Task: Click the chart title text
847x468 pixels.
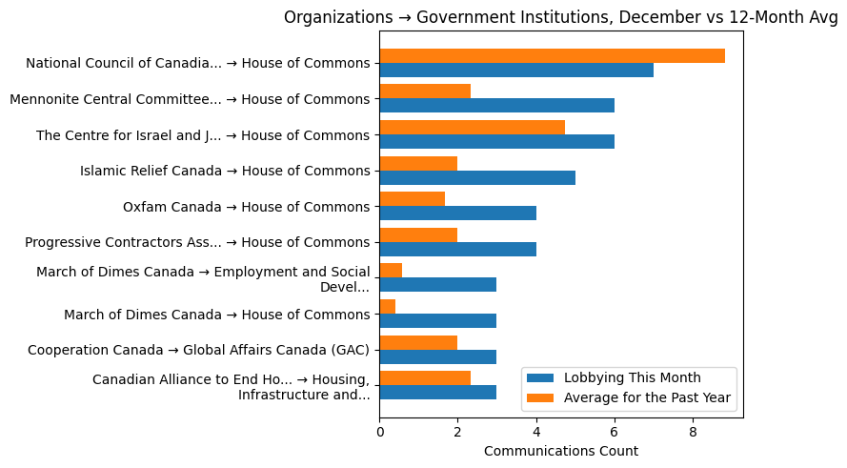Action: tap(560, 17)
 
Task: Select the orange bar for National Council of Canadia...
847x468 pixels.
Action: tap(552, 55)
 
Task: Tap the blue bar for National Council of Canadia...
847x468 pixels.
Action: tap(516, 70)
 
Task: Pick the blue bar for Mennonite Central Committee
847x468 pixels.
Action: tap(496, 106)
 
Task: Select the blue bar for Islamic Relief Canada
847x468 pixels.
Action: tap(477, 177)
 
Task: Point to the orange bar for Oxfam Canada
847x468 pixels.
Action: tap(412, 199)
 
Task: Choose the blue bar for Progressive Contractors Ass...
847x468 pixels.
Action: tap(457, 249)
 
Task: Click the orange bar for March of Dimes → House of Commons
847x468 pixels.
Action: tap(387, 306)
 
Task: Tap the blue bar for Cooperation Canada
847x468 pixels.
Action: tap(437, 356)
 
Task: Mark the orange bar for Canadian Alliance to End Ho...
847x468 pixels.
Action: tap(425, 377)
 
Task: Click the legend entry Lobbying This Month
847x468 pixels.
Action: tap(633, 377)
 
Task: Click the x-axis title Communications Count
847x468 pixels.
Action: tap(560, 451)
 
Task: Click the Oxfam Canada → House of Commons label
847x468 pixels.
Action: tap(246, 207)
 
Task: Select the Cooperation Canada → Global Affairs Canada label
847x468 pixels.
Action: tap(198, 350)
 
